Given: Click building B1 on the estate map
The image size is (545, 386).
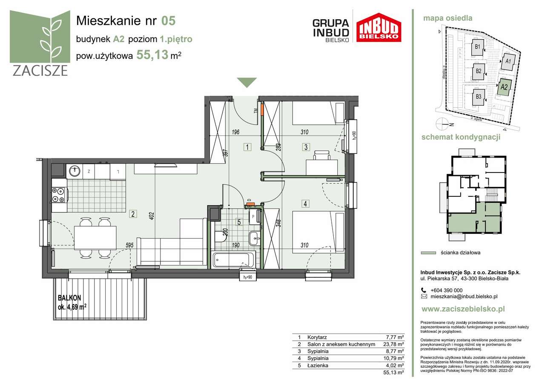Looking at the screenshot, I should (478, 47).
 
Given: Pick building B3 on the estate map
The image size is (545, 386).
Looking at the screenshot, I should (478, 97).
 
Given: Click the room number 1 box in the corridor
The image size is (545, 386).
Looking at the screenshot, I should (247, 147).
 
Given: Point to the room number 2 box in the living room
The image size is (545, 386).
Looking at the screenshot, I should (133, 214).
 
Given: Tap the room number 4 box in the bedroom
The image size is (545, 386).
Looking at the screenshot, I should (305, 204).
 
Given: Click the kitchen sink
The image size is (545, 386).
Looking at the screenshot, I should (75, 171).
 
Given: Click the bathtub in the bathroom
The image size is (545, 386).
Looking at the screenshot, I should (234, 259).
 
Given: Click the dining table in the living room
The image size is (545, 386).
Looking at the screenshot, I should (95, 237).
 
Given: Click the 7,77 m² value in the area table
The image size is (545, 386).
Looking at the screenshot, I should (394, 337).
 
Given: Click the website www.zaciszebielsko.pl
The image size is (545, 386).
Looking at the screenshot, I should (463, 309).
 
